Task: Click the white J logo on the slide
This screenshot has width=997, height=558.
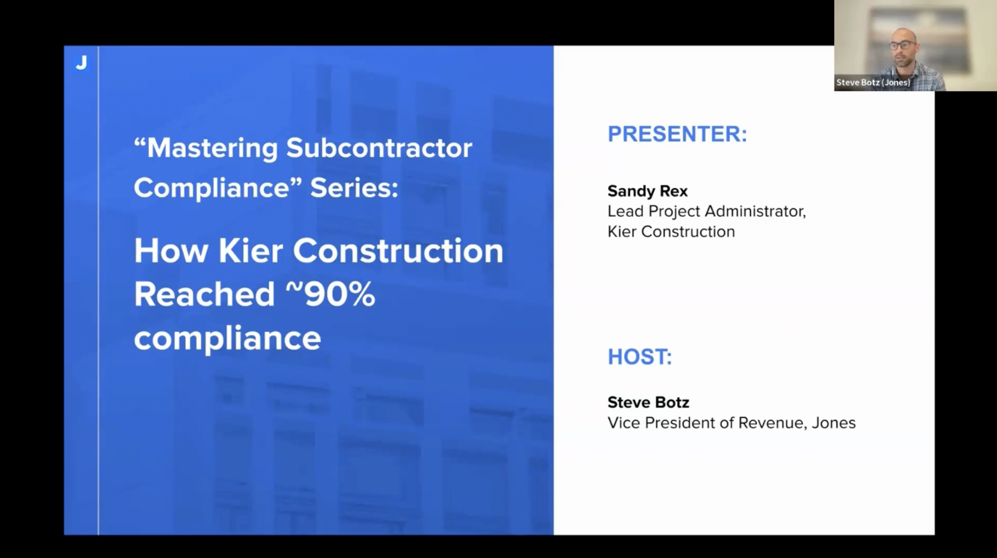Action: pos(81,63)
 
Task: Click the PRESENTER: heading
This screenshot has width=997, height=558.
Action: pos(677,134)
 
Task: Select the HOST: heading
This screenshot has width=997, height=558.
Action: pos(640,357)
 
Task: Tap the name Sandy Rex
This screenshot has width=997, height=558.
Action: pos(647,191)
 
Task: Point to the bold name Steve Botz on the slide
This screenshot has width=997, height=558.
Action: pos(648,402)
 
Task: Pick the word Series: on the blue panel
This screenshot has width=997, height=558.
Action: pos(354,187)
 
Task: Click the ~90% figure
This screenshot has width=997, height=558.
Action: pos(330,294)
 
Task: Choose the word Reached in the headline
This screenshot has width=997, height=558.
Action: pos(204,294)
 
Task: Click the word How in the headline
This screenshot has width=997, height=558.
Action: pos(171,251)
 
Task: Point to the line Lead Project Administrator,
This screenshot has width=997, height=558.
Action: pos(706,212)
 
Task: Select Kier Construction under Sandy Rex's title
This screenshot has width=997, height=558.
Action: pos(671,232)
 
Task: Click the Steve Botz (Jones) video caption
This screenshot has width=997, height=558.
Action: pos(873,83)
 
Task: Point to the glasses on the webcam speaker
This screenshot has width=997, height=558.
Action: pos(902,45)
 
